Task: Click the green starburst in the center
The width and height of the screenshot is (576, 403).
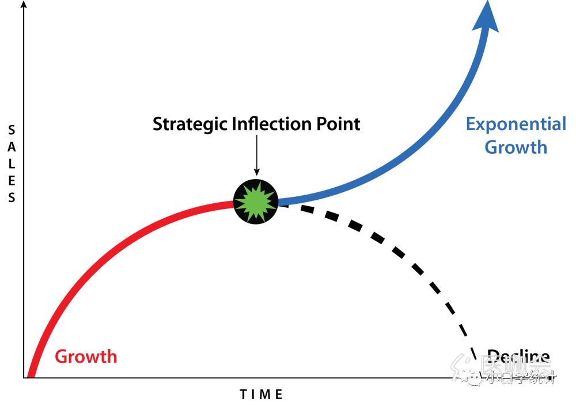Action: pyautogui.click(x=256, y=201)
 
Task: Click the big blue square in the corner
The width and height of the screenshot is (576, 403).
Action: pyautogui.click(x=495, y=75)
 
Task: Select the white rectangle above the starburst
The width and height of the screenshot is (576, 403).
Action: pyautogui.click(x=317, y=58)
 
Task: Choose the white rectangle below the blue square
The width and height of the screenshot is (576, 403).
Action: pyautogui.click(x=495, y=213)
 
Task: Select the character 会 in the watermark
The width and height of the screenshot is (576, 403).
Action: pyautogui.click(x=541, y=364)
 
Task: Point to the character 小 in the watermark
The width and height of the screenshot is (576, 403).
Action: pyautogui.click(x=491, y=379)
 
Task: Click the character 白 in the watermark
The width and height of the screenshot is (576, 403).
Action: pyautogui.click(x=505, y=379)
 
